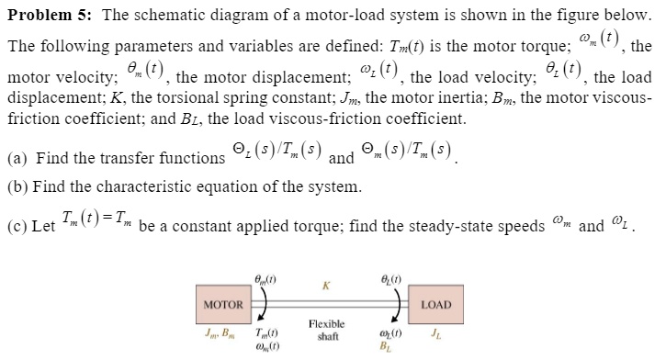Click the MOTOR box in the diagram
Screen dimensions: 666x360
pyautogui.click(x=222, y=304)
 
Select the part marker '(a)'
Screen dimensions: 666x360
pyautogui.click(x=17, y=158)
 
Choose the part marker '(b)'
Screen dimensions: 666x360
pyautogui.click(x=17, y=188)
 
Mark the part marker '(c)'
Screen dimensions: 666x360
pyautogui.click(x=17, y=226)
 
